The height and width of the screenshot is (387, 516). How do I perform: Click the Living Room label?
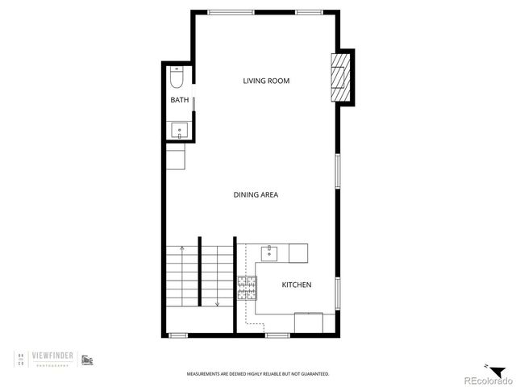266,81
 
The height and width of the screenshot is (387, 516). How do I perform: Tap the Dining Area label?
256,194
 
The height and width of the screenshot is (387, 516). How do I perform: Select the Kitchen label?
296,285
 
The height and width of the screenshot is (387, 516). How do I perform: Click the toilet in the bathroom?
178,77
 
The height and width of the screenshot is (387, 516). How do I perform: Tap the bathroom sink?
179,131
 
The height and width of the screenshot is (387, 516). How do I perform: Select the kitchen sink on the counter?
269,253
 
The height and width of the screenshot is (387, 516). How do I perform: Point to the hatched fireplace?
343,77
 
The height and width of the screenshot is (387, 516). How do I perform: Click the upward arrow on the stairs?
182,249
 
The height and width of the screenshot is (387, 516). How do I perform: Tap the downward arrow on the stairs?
217,304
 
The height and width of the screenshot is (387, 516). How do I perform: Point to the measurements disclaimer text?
258,374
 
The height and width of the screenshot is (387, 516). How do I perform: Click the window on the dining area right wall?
337,172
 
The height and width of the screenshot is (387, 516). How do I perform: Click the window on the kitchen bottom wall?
278,335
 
